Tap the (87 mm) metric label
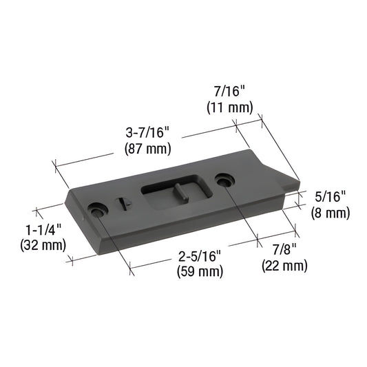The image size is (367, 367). tap(147, 148)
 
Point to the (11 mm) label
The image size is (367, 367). tap(230, 107)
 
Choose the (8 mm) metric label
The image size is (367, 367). tap(331, 213)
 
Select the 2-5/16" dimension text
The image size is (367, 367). tap(200, 256)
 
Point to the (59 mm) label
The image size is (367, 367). tap(200, 271)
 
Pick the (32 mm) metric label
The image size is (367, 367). tap(43, 244)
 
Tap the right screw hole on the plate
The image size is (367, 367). tap(222, 180)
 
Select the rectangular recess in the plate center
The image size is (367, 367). tap(172, 195)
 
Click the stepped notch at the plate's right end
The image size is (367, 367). tap(289, 185)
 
